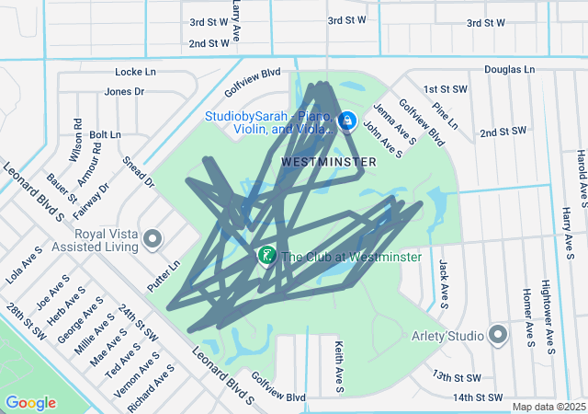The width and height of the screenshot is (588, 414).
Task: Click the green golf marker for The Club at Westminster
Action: click(x=266, y=255)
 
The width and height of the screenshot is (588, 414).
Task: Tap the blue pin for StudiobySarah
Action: click(x=347, y=121)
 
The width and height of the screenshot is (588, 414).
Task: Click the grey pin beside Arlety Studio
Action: click(x=499, y=335)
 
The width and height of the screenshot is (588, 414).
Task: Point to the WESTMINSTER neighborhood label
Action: click(x=328, y=161)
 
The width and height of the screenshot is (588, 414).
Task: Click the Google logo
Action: click(x=30, y=402)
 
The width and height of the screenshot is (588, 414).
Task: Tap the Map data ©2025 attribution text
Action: click(x=548, y=407)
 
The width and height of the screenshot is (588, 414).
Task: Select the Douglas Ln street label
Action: click(x=509, y=69)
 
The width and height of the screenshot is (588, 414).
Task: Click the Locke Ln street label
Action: click(x=136, y=71)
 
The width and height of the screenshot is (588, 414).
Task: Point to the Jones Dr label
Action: click(x=124, y=91)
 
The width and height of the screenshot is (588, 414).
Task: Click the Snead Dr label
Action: click(x=138, y=171)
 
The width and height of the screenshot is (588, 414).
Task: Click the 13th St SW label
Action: click(x=457, y=377)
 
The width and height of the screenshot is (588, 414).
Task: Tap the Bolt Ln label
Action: click(x=105, y=134)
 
